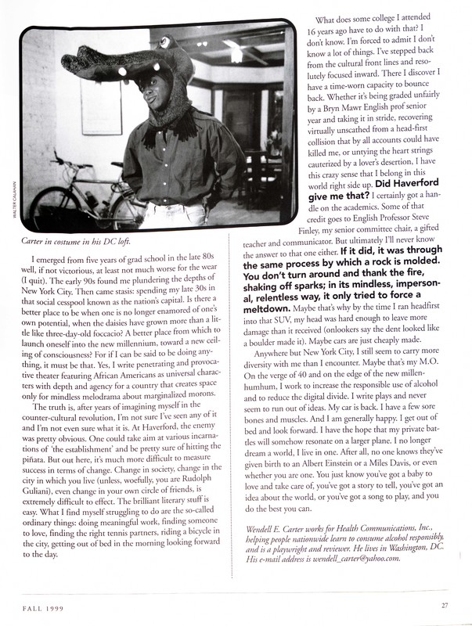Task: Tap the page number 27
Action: [x=444, y=603]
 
